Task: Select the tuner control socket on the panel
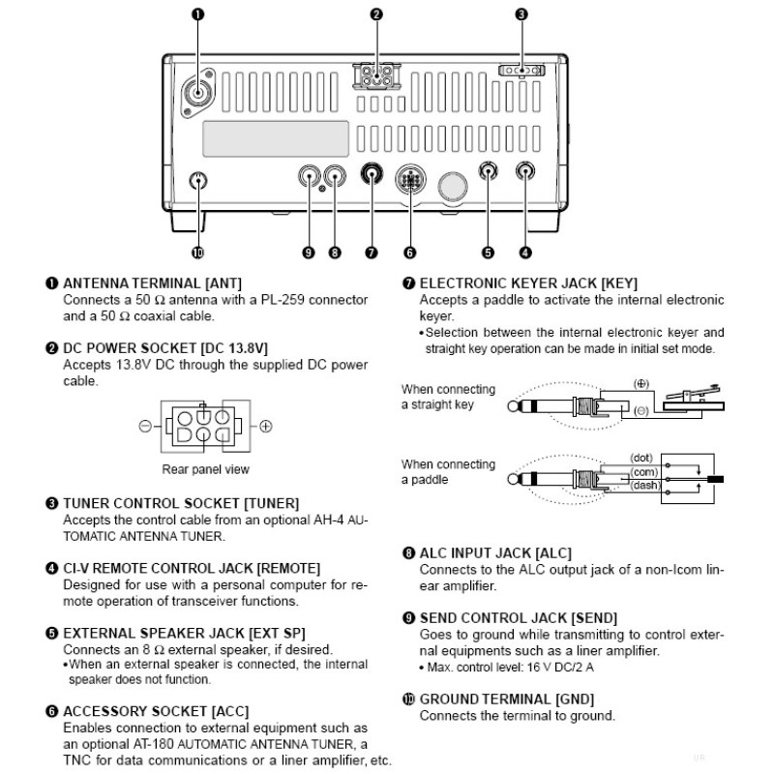point(521,71)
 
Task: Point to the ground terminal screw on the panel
point(198,180)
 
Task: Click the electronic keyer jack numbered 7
point(372,176)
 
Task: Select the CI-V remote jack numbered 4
point(525,174)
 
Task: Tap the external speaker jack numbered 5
point(489,174)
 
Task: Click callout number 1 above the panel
point(200,14)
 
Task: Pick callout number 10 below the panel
point(198,253)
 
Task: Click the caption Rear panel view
point(205,469)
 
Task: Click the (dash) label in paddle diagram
point(644,485)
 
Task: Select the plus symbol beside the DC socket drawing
point(266,426)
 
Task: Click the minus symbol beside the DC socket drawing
point(144,426)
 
